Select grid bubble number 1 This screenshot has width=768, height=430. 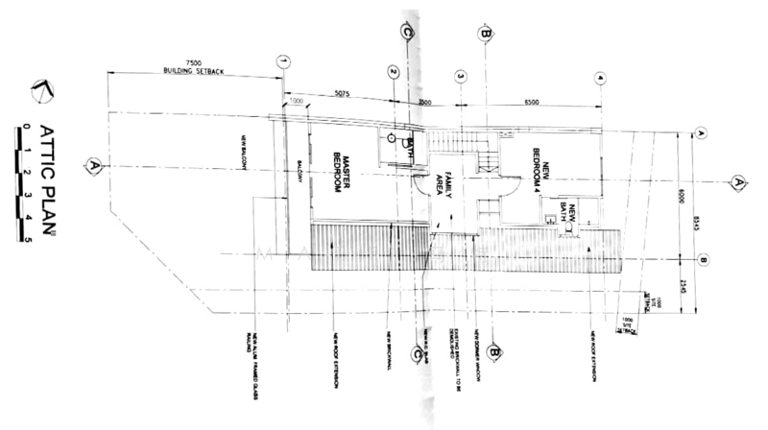tap(282, 60)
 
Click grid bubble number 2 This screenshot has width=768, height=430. tap(393, 72)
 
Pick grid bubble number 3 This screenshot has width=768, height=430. tap(461, 76)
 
